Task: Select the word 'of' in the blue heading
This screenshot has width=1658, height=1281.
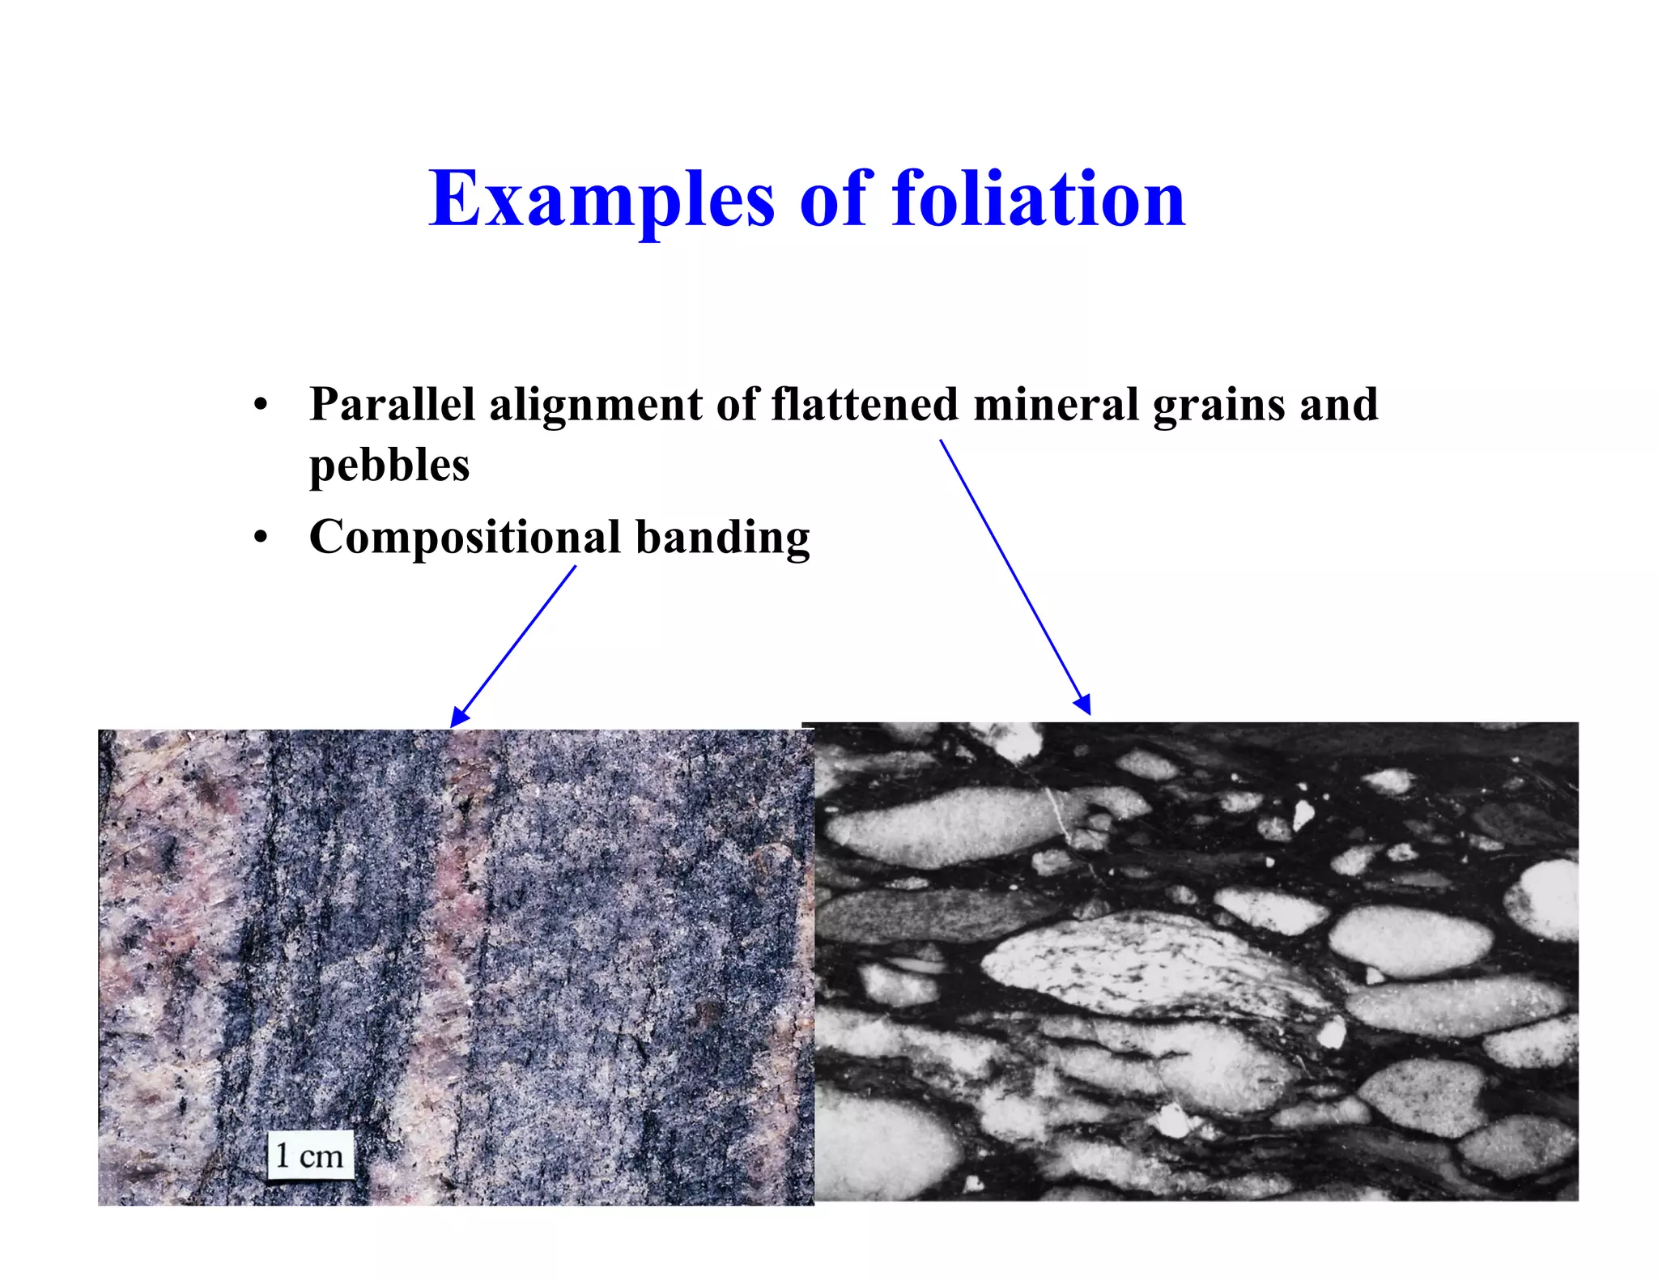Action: (x=835, y=199)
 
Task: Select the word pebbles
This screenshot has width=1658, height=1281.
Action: (x=389, y=466)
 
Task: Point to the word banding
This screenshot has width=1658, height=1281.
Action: (x=722, y=538)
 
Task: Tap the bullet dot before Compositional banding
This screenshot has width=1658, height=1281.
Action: (x=260, y=538)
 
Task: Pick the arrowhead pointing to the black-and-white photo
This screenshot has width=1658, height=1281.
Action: (x=1083, y=704)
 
